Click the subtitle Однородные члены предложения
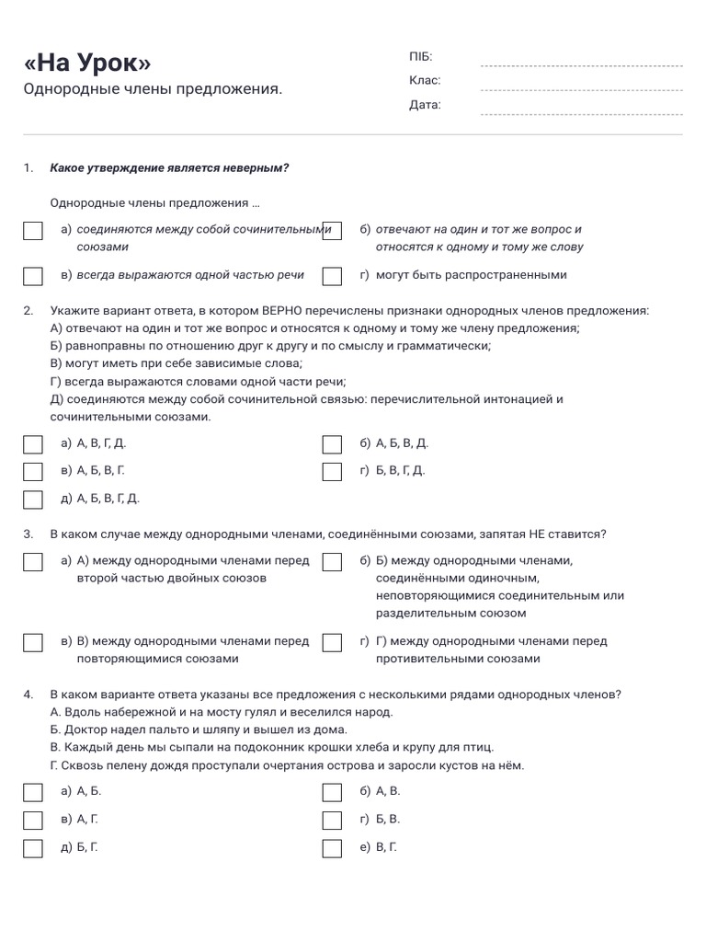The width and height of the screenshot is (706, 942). click(153, 89)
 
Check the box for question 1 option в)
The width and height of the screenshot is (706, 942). click(33, 276)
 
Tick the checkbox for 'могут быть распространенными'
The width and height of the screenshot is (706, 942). click(333, 276)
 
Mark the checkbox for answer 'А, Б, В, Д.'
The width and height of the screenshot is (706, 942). click(333, 444)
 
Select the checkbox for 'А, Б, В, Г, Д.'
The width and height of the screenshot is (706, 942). click(33, 500)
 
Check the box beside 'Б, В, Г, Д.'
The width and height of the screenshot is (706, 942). click(333, 472)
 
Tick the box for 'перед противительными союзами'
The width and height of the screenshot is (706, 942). click(333, 642)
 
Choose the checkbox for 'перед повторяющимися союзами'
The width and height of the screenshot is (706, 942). click(33, 642)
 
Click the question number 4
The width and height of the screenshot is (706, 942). click(28, 695)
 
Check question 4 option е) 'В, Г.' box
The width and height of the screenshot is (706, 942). click(333, 847)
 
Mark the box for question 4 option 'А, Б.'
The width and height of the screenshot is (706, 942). click(33, 792)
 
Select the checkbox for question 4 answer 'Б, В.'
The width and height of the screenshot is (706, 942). click(333, 820)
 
